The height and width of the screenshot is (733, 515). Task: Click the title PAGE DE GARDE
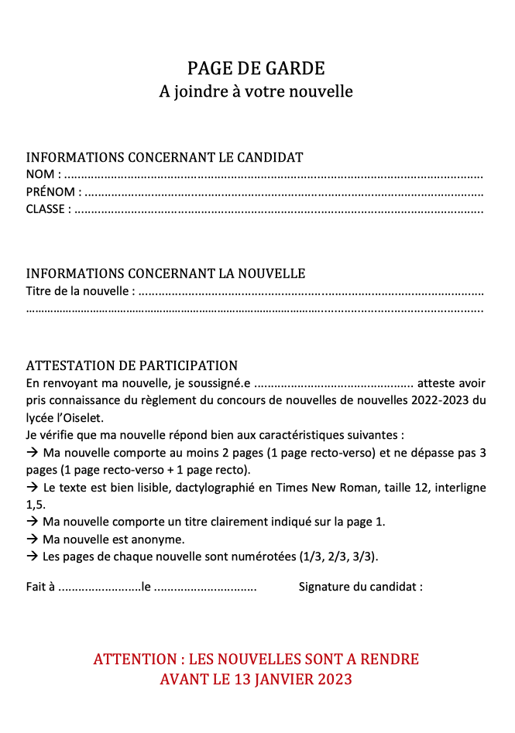pyautogui.click(x=256, y=69)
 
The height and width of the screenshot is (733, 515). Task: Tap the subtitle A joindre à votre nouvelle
pyautogui.click(x=256, y=91)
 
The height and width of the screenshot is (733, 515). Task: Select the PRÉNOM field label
pyautogui.click(x=50, y=192)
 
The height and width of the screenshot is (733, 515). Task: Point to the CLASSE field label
pyautogui.click(x=46, y=209)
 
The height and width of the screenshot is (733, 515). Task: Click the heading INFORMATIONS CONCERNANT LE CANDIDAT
pyautogui.click(x=164, y=157)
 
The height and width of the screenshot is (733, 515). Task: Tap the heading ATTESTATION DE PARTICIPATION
pyautogui.click(x=132, y=365)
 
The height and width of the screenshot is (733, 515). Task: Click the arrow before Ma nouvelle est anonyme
pyautogui.click(x=33, y=539)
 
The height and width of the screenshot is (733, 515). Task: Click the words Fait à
pyautogui.click(x=40, y=587)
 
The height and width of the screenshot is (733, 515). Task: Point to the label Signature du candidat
pyautogui.click(x=360, y=587)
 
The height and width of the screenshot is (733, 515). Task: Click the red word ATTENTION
pyautogui.click(x=135, y=659)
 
